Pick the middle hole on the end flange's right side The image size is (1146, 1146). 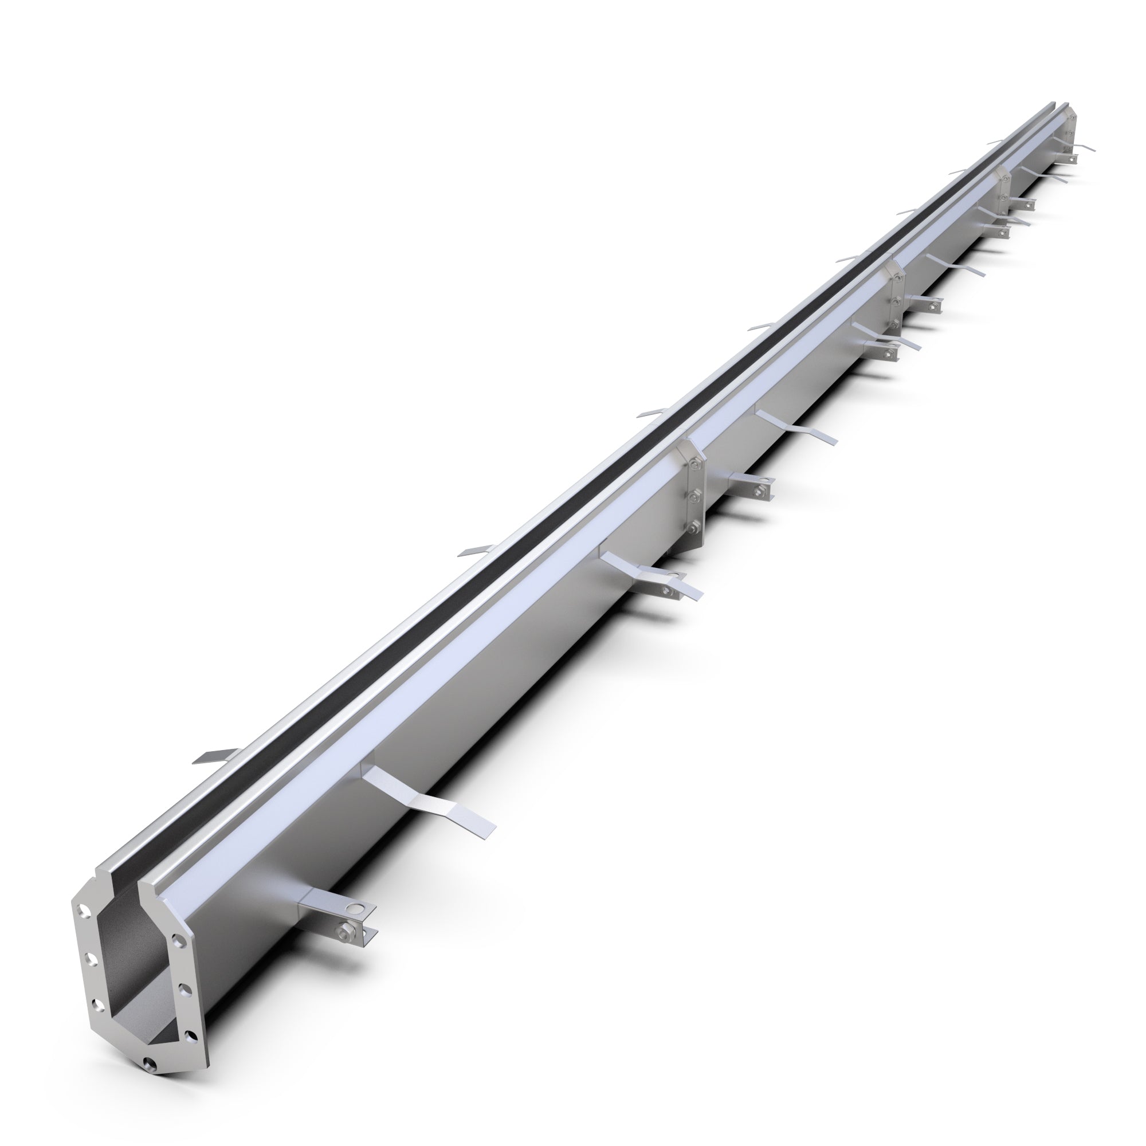[x=182, y=988]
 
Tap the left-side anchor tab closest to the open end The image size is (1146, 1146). [x=209, y=757]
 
